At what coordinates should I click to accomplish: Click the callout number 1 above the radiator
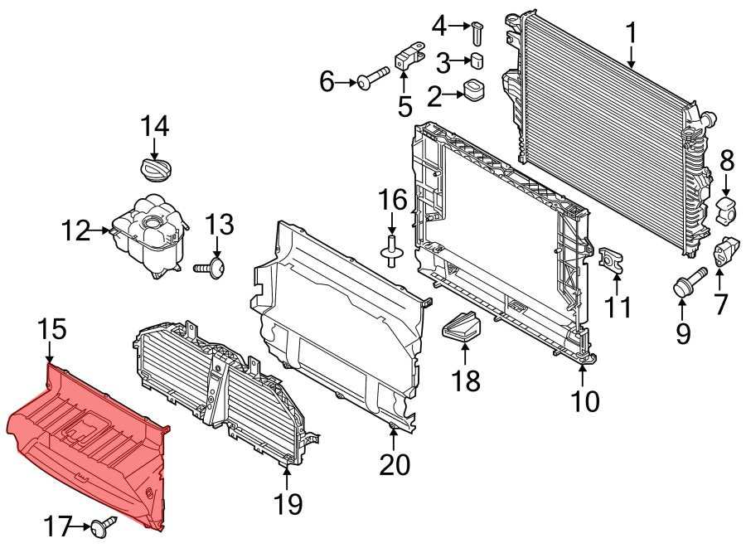[631, 35]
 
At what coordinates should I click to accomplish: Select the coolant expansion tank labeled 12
[149, 235]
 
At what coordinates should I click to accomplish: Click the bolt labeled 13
[212, 268]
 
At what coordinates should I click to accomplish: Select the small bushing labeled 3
[477, 60]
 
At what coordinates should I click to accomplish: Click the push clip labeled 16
[390, 250]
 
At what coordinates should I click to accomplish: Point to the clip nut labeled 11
[610, 260]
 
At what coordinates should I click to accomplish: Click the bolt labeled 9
[685, 284]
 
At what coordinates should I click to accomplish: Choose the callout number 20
[395, 465]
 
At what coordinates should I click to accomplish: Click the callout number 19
[289, 502]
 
